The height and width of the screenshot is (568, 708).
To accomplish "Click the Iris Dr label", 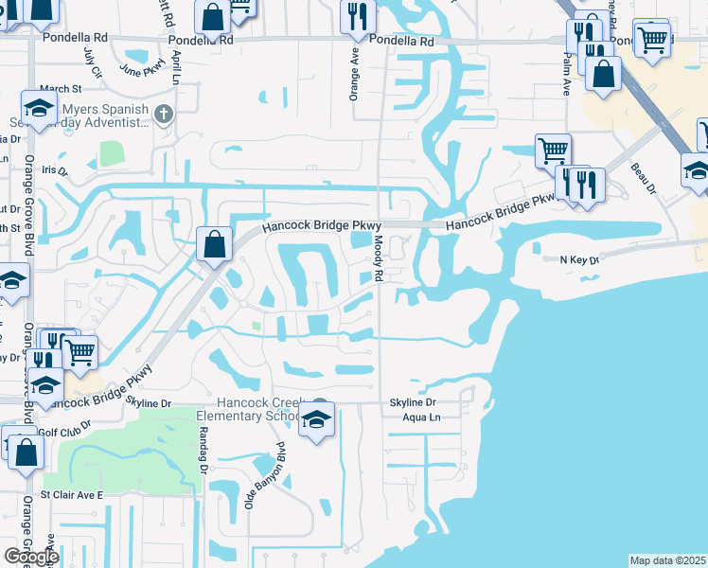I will click(x=56, y=171).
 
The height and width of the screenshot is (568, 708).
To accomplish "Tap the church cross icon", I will click(x=164, y=115).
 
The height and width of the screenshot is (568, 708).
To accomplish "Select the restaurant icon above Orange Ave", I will click(x=358, y=14).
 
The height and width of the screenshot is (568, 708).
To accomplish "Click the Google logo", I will click(x=31, y=557).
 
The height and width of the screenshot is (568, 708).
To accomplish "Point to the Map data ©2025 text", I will click(x=668, y=560).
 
